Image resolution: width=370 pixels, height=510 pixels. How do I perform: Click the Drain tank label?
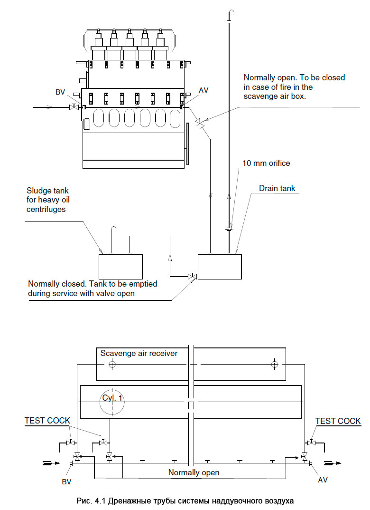(277, 188)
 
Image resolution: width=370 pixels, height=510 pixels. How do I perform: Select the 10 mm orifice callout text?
(266, 164)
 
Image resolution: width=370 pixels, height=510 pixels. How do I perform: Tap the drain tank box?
(220, 266)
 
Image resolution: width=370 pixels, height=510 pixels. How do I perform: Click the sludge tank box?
(120, 266)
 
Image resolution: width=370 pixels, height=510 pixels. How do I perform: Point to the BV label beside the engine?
(60, 92)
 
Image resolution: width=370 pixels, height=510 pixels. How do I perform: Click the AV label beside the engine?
(203, 90)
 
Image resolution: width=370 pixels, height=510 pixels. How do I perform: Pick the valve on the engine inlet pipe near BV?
(74, 106)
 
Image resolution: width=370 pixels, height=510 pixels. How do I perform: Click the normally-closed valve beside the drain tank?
(192, 276)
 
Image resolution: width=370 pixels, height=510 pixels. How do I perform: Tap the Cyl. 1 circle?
(112, 402)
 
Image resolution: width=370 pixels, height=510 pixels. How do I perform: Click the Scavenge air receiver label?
(139, 353)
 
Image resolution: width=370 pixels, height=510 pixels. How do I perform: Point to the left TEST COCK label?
(47, 421)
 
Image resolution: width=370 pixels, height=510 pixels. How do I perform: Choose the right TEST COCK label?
(338, 421)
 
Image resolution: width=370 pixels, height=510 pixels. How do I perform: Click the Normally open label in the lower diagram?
(194, 472)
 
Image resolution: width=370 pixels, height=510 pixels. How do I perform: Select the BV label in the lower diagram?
(66, 481)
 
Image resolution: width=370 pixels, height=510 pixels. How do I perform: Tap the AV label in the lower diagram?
(323, 480)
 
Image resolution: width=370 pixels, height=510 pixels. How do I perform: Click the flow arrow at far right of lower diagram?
(333, 463)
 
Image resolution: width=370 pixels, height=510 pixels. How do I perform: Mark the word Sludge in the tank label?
(37, 191)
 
